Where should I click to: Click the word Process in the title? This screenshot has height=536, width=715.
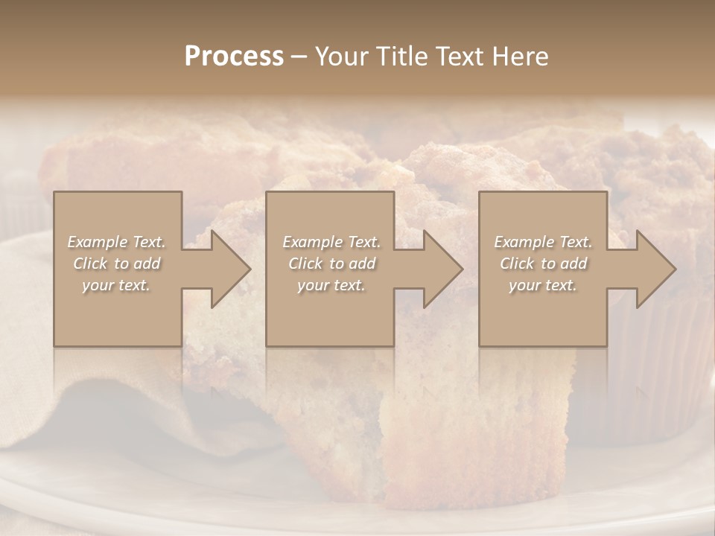tap(234, 57)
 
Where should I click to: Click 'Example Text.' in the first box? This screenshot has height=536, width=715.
tap(116, 242)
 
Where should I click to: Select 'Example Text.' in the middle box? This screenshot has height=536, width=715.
tap(331, 242)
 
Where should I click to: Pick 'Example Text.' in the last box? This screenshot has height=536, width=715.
tap(543, 242)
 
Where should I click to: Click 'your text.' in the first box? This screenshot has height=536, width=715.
tap(116, 285)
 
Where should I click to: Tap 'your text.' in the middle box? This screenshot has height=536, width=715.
tap(331, 285)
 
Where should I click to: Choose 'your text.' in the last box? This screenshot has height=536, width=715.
tap(543, 285)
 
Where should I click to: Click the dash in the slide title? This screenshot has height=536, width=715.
tap(299, 57)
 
